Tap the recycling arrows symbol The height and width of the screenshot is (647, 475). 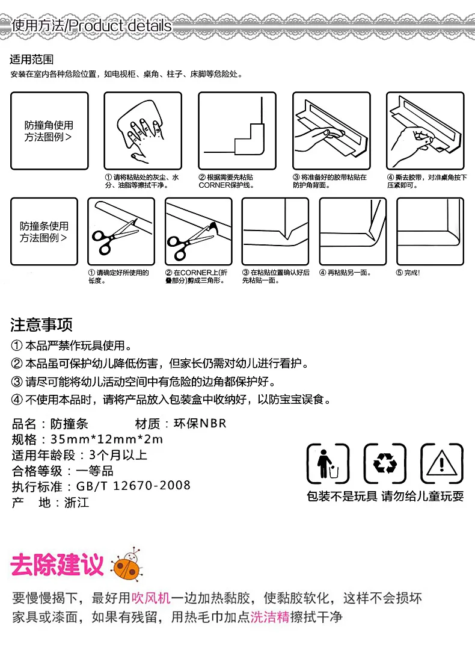(x=385, y=463)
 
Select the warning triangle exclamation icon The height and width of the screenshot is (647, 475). (x=441, y=463)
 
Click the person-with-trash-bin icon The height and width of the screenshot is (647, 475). (x=328, y=463)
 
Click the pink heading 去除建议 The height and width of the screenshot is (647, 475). (x=57, y=565)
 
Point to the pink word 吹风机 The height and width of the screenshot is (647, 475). (x=151, y=598)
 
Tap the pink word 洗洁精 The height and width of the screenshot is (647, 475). (x=270, y=617)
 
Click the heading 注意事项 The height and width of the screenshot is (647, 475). (x=41, y=325)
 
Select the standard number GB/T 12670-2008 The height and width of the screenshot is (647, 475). (x=133, y=486)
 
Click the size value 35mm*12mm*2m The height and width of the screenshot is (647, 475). (x=107, y=439)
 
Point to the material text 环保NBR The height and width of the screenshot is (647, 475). (x=200, y=423)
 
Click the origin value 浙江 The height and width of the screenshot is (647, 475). (x=77, y=503)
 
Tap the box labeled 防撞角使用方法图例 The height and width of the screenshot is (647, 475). (x=49, y=131)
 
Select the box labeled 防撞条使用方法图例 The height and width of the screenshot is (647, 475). (x=44, y=232)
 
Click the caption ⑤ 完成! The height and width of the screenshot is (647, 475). (x=408, y=273)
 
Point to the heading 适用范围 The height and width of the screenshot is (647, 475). (x=32, y=60)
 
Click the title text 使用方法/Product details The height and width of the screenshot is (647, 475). (x=91, y=26)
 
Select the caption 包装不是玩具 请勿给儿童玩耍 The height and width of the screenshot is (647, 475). (x=385, y=496)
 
